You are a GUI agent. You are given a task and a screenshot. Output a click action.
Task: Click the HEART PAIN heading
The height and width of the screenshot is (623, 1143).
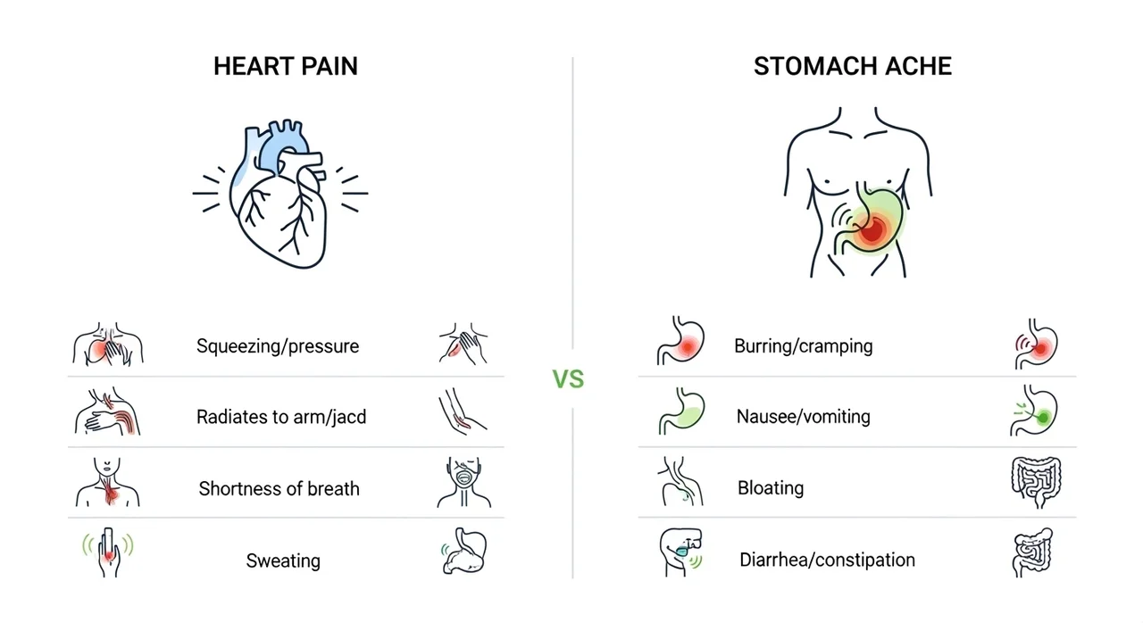point(286,66)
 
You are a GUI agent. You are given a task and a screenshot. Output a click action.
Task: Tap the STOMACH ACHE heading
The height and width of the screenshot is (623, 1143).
point(853,66)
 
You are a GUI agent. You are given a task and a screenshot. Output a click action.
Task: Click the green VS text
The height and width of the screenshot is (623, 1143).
point(568,379)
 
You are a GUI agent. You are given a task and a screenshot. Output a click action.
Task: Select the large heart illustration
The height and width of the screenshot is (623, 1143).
point(279,194)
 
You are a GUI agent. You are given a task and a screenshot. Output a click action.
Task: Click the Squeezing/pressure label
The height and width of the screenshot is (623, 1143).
point(278,346)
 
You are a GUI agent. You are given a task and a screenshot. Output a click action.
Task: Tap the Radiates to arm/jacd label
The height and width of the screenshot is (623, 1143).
point(281,417)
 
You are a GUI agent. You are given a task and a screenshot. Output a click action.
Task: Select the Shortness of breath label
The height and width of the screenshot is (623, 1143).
point(279,488)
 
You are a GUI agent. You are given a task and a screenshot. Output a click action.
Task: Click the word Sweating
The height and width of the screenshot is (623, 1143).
point(283,561)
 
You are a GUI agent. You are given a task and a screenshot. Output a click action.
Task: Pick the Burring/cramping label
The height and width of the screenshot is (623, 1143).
point(803,346)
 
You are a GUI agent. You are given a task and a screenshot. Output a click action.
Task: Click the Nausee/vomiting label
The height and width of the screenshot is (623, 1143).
point(803,417)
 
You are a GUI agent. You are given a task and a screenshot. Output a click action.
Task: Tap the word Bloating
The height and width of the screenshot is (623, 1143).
point(771,488)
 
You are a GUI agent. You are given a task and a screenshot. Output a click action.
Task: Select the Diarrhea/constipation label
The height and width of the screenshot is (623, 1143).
point(827,560)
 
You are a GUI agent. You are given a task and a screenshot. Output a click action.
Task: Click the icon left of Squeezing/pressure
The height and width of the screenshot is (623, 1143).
point(108,345)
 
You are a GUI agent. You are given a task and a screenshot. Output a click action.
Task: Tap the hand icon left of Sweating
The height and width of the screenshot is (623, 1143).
point(108,552)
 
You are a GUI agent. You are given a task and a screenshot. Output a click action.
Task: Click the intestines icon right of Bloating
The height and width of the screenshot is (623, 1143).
point(1036,482)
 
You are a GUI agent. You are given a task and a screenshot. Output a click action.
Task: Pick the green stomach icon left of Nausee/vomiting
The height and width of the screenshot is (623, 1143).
point(681,411)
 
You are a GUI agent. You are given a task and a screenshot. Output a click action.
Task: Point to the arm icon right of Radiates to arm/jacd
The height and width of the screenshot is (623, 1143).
point(463,411)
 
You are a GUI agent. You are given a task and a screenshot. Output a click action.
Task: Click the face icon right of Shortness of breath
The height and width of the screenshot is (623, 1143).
point(463,482)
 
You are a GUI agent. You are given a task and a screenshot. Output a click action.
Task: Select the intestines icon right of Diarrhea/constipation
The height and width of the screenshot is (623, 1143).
point(1033,552)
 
